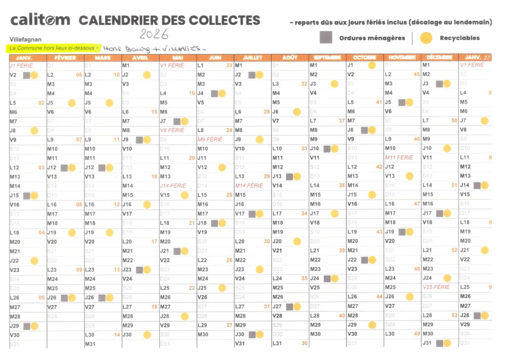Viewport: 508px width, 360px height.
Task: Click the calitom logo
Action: (x=40, y=20)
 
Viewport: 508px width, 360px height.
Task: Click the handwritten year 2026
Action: (x=154, y=34)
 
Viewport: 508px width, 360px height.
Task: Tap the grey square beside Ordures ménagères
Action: (x=326, y=38)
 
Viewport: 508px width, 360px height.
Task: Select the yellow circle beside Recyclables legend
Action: (x=425, y=38)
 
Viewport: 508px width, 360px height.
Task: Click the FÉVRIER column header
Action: (x=65, y=58)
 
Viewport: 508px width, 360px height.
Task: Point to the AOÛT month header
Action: (x=290, y=58)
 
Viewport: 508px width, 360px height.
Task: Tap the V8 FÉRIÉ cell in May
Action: (x=172, y=130)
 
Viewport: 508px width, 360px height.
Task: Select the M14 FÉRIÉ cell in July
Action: (x=249, y=185)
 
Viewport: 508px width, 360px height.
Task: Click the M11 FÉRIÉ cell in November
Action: (x=399, y=158)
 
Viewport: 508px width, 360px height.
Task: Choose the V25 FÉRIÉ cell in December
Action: (x=436, y=287)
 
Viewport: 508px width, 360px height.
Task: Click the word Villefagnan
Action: (x=25, y=39)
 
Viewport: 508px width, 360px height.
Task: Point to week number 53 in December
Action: (x=454, y=315)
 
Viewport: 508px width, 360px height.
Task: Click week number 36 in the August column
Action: (x=304, y=343)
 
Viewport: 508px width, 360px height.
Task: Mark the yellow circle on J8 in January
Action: (x=34, y=130)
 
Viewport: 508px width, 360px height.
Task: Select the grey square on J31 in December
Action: (x=440, y=343)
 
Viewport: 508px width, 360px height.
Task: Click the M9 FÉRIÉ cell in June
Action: (x=210, y=139)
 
